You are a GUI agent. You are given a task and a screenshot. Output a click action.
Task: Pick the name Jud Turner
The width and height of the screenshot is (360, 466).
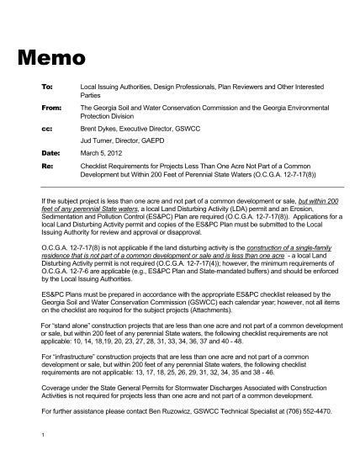point(96,141)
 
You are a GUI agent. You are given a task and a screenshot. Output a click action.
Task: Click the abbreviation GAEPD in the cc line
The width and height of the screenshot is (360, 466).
point(151,141)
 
